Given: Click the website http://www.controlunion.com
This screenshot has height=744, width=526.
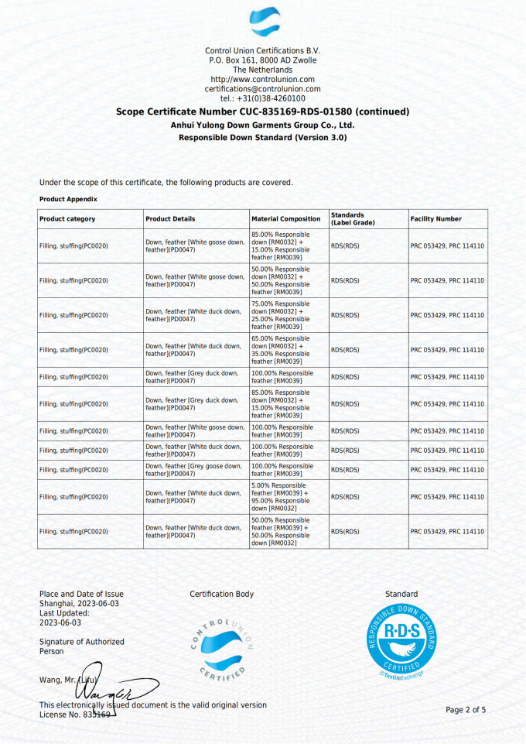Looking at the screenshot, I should pyautogui.click(x=262, y=80).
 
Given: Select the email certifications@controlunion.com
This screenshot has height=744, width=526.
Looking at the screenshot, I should pyautogui.click(x=262, y=89).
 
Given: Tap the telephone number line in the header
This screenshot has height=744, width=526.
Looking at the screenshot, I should pyautogui.click(x=262, y=98).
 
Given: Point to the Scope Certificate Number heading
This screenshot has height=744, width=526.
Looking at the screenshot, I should pyautogui.click(x=262, y=111).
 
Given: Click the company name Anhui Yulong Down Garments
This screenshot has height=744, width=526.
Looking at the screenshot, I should pyautogui.click(x=262, y=125).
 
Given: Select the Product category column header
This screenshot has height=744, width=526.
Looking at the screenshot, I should pyautogui.click(x=67, y=219).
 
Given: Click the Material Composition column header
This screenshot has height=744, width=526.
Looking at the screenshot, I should pyautogui.click(x=286, y=219).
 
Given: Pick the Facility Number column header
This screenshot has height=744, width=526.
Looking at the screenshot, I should pyautogui.click(x=435, y=219).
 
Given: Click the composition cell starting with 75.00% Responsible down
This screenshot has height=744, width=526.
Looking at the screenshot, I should pyautogui.click(x=282, y=315).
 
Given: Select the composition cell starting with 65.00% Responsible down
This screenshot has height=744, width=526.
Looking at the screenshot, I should pyautogui.click(x=282, y=350).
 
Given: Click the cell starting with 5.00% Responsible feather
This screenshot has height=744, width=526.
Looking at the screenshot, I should pyautogui.click(x=281, y=496).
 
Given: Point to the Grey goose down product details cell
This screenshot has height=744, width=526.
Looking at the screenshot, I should pyautogui.click(x=194, y=469).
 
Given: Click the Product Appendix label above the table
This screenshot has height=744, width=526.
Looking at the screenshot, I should pyautogui.click(x=68, y=199).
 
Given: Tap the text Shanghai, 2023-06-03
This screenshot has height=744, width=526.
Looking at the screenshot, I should pyautogui.click(x=81, y=603).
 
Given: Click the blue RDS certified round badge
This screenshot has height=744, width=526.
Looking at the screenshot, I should pyautogui.click(x=401, y=642).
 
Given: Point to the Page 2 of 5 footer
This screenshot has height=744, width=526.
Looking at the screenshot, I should pyautogui.click(x=466, y=710).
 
